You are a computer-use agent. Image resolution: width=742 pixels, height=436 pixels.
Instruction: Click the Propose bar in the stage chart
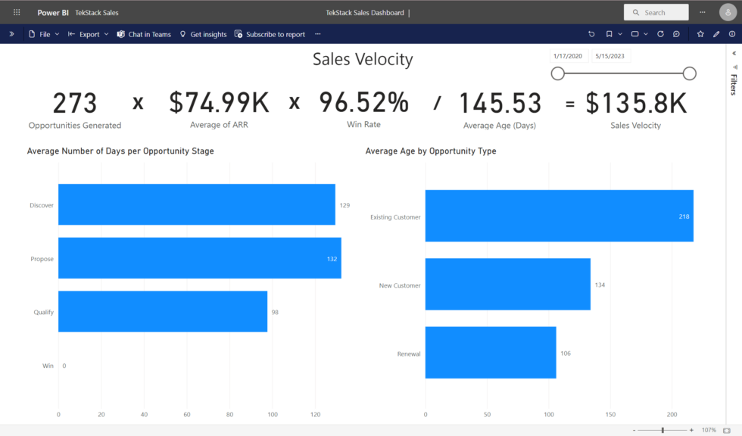199,258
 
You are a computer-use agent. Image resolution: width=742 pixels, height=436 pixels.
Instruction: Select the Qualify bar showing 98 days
163,311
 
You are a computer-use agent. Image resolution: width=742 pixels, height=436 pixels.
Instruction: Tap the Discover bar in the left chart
196,204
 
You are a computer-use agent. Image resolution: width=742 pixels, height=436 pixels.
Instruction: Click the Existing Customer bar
559,216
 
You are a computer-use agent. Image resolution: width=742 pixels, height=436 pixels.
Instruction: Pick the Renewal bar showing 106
491,353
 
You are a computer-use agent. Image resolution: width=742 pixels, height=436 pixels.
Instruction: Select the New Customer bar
507,285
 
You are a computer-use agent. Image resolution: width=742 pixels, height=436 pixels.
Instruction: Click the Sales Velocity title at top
363,60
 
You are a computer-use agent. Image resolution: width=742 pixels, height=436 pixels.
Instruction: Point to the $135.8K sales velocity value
635,103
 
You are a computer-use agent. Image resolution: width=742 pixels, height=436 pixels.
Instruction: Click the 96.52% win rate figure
363,102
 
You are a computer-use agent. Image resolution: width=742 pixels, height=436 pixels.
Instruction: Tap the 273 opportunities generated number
74,103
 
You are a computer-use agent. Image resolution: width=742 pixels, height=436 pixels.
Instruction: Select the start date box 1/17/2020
568,56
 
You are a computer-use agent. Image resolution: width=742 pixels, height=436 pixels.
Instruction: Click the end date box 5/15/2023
610,56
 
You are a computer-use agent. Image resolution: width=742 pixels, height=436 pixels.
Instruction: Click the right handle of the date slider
689,73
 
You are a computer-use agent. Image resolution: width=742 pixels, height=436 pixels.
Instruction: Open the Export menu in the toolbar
89,34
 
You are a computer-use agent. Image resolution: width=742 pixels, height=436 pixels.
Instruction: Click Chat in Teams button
144,34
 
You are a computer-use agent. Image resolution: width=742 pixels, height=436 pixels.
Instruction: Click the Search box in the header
656,12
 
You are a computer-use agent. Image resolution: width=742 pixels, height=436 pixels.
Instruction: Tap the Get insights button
203,34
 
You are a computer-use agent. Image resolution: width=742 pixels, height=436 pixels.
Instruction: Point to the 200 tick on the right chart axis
672,415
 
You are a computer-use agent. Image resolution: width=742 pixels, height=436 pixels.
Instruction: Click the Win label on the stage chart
48,366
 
